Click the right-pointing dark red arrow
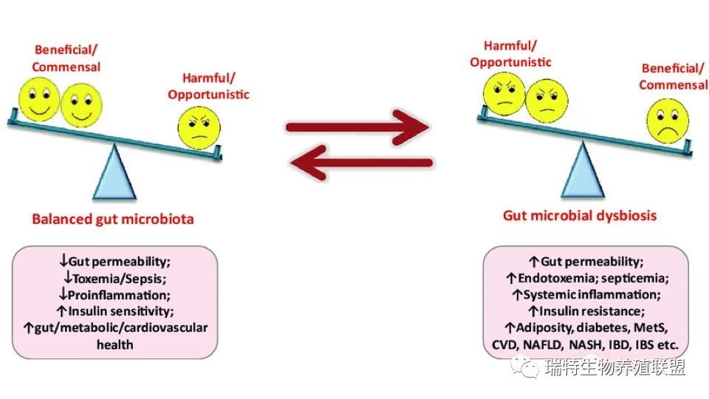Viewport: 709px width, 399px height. coord(357,127)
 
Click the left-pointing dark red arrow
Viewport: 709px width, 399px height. coord(361,163)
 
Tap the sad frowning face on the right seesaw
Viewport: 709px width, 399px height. coord(668,120)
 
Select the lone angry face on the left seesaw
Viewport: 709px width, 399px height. coord(199,128)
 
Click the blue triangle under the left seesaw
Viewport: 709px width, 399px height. coord(114,172)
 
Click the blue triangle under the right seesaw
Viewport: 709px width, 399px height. coord(583,170)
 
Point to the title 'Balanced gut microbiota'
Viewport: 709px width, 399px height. coord(113,219)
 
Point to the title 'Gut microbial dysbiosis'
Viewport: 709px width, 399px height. coord(580,215)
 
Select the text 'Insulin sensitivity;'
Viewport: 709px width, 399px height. coord(120,311)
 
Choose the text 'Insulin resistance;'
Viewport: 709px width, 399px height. coord(592,311)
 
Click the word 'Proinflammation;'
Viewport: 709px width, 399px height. coord(119,295)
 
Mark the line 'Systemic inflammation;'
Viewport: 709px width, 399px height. coord(592,295)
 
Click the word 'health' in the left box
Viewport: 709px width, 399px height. coord(115,345)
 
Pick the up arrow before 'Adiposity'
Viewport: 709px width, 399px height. coord(510,328)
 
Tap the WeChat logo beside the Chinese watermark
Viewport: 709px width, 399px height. coord(525,366)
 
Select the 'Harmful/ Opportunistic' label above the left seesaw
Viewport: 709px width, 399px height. coord(208,86)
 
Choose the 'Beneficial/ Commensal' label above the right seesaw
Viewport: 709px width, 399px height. coord(674,76)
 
